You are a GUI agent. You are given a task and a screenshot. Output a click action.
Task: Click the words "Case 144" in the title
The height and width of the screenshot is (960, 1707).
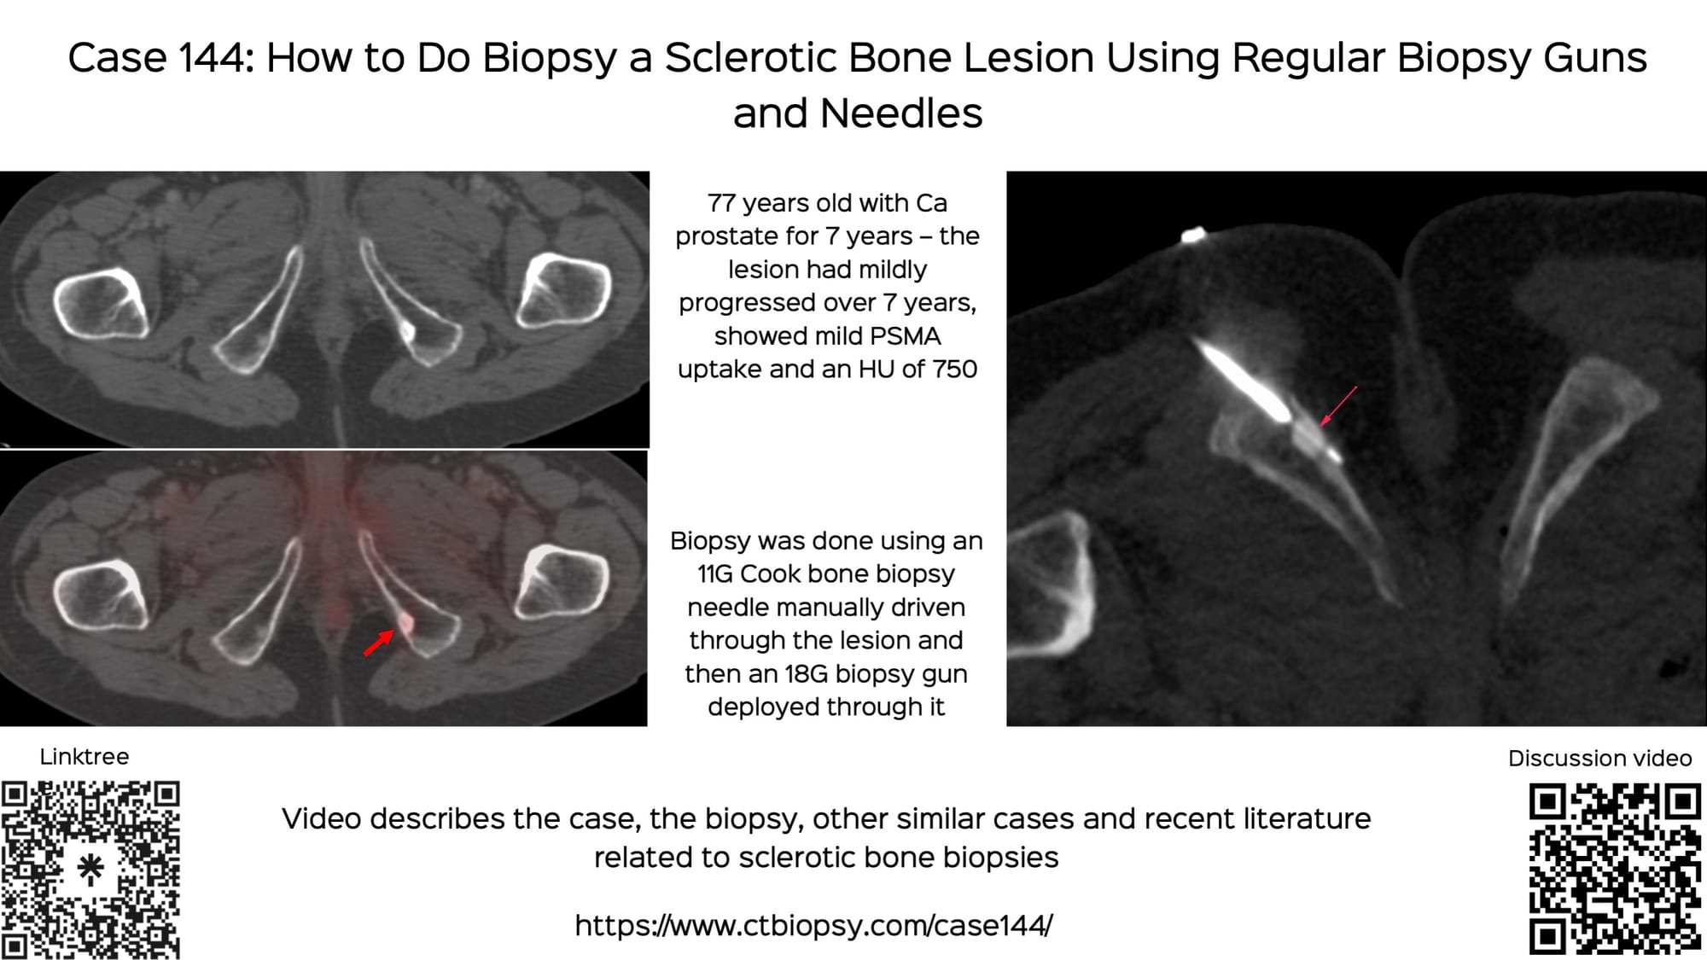click(x=160, y=58)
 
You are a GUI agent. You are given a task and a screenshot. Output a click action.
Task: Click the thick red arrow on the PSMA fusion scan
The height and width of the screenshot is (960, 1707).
click(x=378, y=642)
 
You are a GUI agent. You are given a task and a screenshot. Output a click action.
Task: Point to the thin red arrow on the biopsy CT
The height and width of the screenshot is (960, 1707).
click(x=1337, y=405)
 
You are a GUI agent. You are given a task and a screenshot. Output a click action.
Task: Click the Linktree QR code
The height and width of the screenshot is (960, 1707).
click(x=90, y=870)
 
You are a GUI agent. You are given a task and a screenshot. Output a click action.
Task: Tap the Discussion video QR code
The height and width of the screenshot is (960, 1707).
click(x=1615, y=868)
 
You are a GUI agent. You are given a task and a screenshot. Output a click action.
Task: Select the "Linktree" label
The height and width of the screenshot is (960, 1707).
click(x=84, y=757)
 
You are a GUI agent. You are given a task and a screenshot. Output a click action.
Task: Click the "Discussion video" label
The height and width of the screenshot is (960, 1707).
click(x=1599, y=758)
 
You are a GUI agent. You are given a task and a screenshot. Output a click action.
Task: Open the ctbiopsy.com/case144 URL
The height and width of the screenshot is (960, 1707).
click(x=813, y=925)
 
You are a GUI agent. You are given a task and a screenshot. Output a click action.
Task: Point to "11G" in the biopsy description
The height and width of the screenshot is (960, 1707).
click(x=715, y=574)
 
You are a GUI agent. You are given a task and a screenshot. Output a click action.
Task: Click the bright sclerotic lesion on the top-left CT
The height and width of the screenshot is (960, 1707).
click(x=407, y=330)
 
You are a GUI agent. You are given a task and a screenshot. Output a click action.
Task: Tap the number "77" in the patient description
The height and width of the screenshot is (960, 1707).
click(x=722, y=203)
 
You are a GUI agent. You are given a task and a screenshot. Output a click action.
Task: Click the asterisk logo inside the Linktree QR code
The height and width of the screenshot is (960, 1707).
click(x=90, y=870)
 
